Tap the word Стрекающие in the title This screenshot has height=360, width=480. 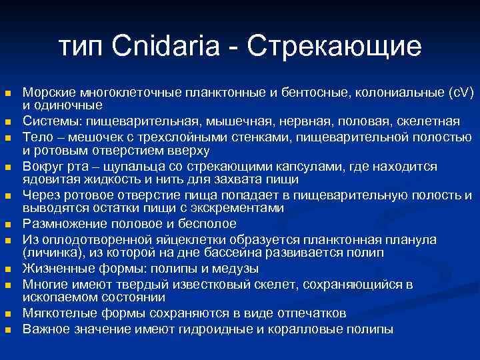pyautogui.click(x=334, y=46)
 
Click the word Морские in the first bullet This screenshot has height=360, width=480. pyautogui.click(x=49, y=93)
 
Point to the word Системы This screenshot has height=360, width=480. pyautogui.click(x=49, y=121)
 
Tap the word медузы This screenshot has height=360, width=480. pyautogui.click(x=236, y=269)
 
